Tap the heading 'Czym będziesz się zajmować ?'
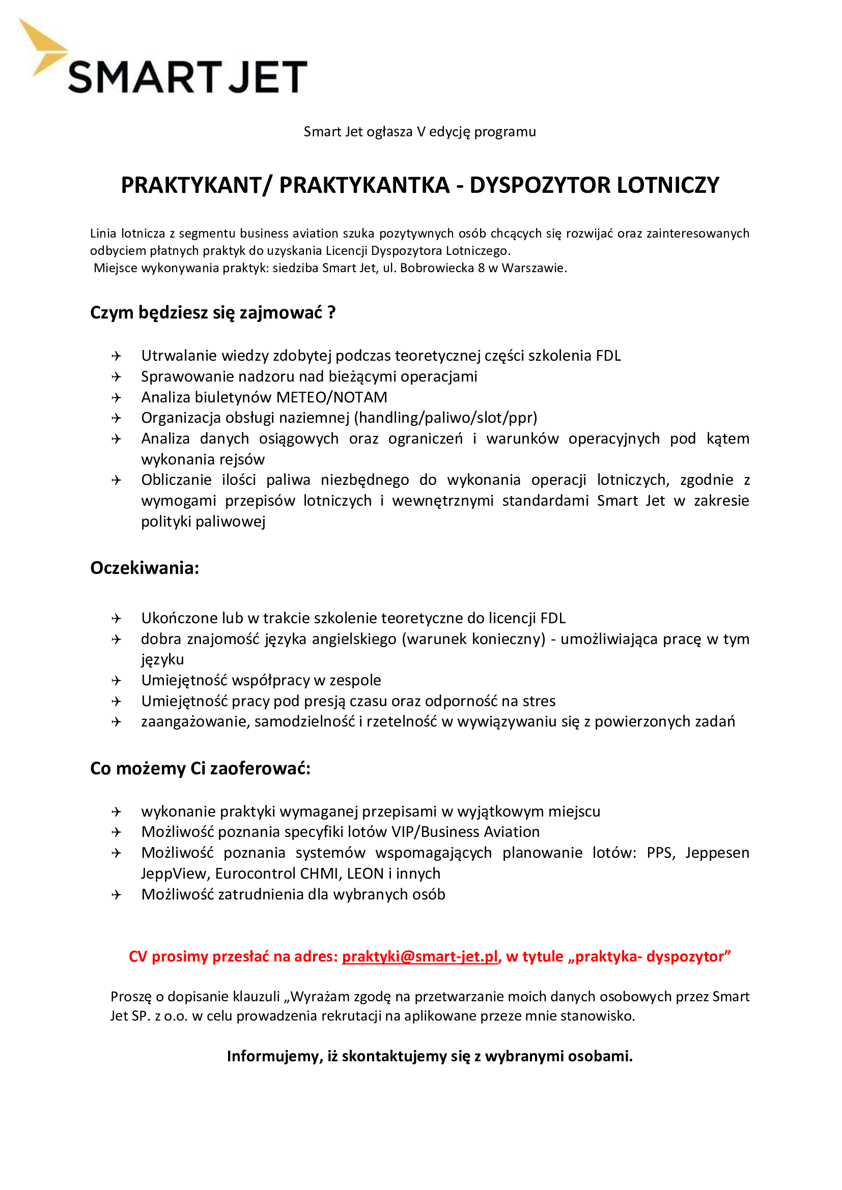[213, 313]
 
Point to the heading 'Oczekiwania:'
[145, 568]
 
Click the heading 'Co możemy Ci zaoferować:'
[200, 768]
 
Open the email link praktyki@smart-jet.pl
[419, 956]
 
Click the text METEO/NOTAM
[331, 397]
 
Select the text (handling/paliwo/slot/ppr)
[445, 418]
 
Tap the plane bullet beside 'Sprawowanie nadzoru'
[116, 377]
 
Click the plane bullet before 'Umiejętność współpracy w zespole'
[116, 681]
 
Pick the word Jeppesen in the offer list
[717, 853]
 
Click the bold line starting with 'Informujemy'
[429, 1056]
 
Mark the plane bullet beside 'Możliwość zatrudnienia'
[116, 894]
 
